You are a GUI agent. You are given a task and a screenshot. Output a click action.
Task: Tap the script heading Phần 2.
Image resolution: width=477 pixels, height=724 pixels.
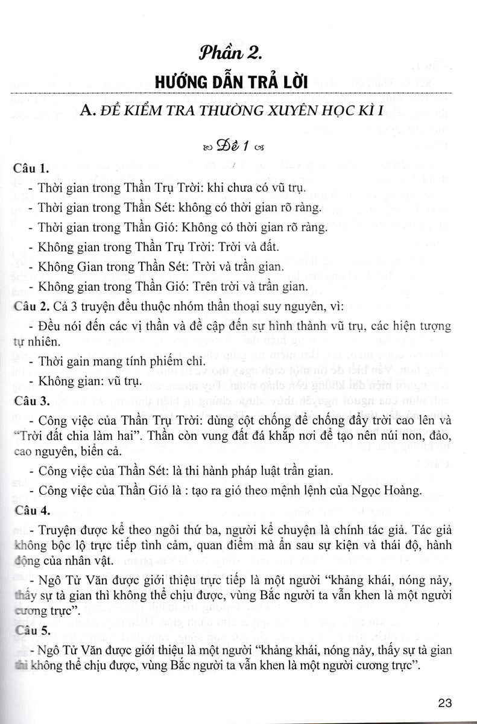(238, 56)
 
